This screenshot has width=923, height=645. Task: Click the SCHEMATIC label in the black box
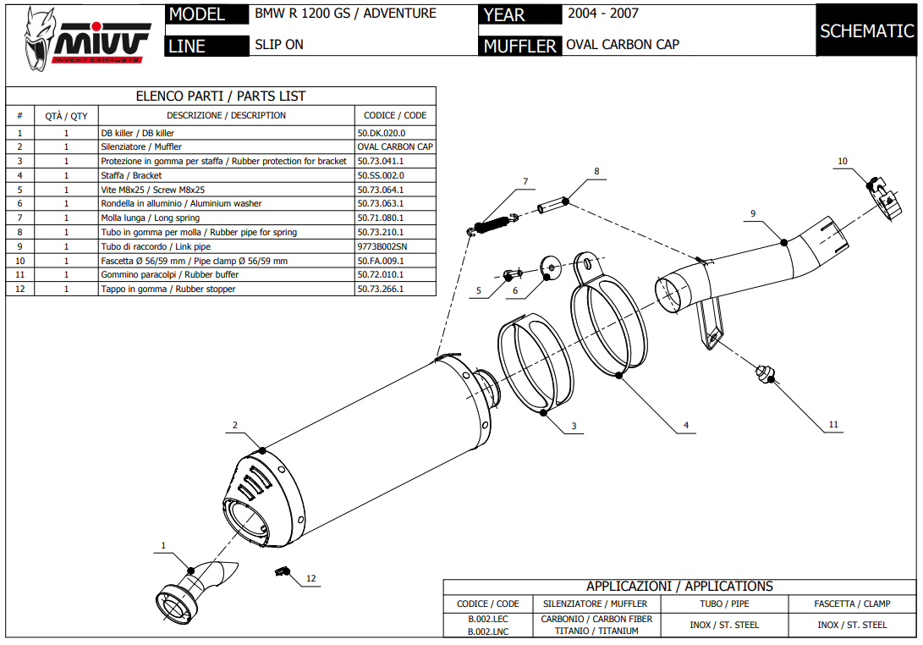[867, 30]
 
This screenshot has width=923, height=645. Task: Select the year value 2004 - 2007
[602, 14]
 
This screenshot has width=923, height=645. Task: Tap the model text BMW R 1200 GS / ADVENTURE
[345, 14]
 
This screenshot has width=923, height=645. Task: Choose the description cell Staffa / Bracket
[130, 175]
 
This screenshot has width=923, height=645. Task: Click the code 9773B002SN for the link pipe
[382, 246]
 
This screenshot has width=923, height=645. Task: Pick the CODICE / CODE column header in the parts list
[395, 115]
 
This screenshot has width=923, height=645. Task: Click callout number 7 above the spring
[525, 181]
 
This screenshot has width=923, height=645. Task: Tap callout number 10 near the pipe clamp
[842, 161]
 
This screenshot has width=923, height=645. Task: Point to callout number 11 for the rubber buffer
[833, 425]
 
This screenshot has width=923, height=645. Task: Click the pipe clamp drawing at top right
[882, 197]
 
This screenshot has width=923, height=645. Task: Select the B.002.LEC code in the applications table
[487, 620]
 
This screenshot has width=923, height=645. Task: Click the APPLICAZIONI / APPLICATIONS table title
[679, 586]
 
